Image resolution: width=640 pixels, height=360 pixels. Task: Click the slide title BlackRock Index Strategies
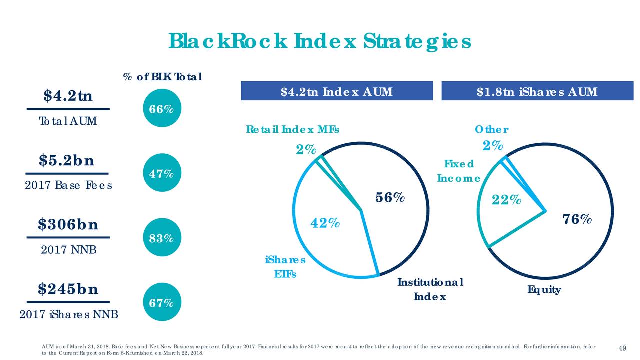[320, 42]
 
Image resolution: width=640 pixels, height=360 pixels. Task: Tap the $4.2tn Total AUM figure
[67, 95]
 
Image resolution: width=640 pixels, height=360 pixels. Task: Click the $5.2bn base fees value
[68, 161]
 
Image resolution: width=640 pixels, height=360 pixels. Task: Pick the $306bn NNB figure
[68, 225]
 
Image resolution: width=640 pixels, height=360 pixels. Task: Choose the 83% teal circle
[159, 238]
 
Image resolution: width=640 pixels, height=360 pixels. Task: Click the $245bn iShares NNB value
[68, 289]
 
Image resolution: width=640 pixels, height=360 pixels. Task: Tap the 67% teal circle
[159, 303]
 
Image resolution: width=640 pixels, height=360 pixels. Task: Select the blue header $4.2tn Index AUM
[336, 92]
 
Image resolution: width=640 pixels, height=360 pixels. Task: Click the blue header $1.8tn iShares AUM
[537, 92]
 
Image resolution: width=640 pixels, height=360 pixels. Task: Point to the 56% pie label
[390, 198]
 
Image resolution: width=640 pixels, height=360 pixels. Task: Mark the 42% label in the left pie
[325, 222]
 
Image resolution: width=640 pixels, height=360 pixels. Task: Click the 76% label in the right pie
[577, 219]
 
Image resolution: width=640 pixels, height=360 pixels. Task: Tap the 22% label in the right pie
[506, 200]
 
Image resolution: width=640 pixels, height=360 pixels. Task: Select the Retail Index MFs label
[292, 130]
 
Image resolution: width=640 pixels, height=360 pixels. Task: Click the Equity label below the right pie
[544, 290]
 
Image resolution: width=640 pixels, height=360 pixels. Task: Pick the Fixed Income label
[458, 171]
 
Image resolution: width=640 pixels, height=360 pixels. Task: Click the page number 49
[622, 348]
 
